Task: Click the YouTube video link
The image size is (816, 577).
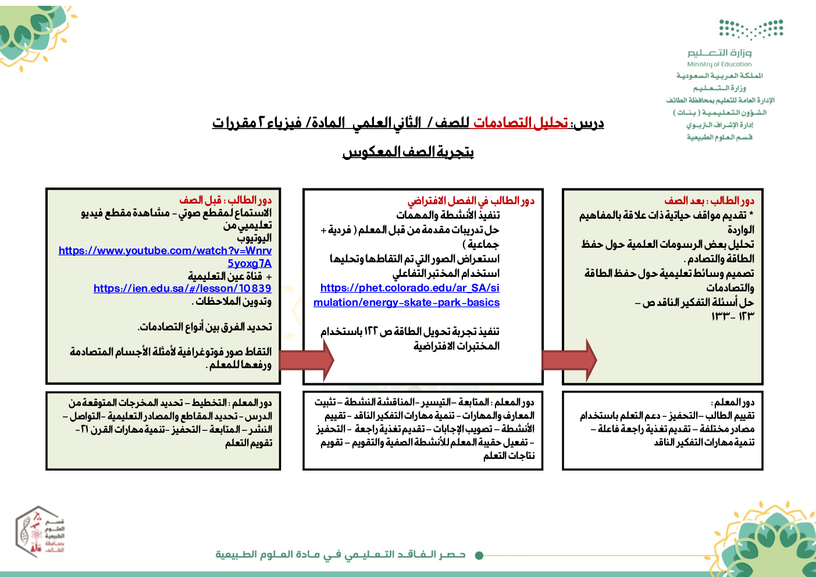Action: pos(165,251)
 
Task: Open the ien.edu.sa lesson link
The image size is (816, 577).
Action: pos(182,288)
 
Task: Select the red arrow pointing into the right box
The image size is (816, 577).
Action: pos(568,361)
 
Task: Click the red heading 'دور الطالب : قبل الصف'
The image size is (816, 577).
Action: pos(225,200)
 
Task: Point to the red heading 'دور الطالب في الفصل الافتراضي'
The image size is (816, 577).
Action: pos(471,201)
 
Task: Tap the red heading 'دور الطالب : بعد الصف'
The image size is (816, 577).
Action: pos(709,201)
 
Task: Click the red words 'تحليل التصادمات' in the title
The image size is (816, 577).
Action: pos(520,123)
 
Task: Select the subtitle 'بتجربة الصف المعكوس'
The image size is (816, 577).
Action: pos(408,152)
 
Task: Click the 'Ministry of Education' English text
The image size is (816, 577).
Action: pos(719,65)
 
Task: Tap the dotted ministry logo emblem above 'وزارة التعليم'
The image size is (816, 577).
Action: pos(751,29)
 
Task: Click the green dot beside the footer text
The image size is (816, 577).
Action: pos(479,555)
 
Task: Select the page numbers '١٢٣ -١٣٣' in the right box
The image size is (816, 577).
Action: pos(732,316)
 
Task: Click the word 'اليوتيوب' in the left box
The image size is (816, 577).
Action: pos(254,238)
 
